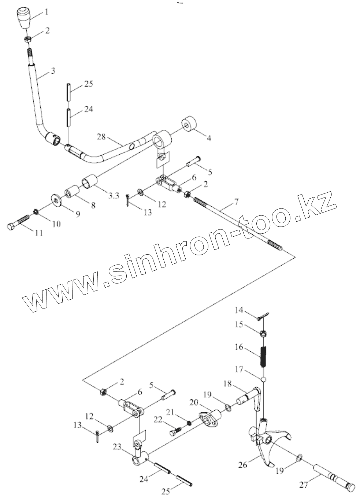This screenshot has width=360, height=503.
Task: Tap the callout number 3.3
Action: tap(114, 196)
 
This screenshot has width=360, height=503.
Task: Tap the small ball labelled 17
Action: tap(263, 378)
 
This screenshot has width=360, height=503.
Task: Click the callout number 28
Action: tap(101, 137)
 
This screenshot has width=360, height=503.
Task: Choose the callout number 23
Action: tap(117, 447)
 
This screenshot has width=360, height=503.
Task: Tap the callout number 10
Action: tap(56, 223)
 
